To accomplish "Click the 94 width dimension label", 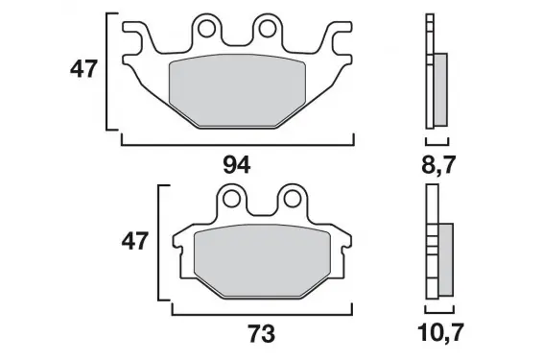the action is (237, 165).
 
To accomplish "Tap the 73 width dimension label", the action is (262, 334).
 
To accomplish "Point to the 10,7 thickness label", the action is (439, 333).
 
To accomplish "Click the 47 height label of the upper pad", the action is (83, 69).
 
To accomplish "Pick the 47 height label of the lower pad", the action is (135, 241).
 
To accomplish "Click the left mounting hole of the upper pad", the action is (206, 29).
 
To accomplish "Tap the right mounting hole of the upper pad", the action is (268, 29).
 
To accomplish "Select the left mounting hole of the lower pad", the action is (232, 199).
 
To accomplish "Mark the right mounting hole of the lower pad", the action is (292, 199).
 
